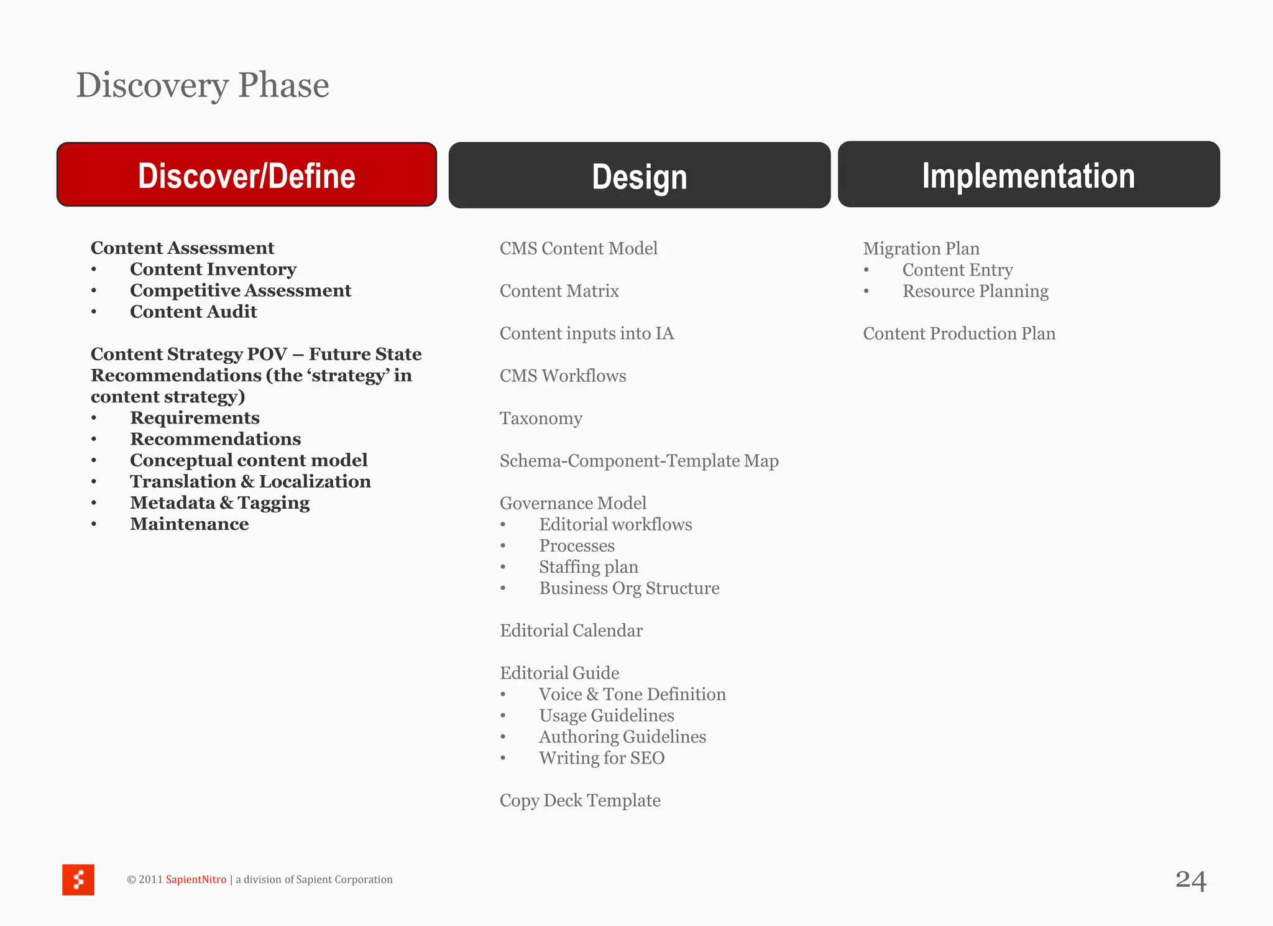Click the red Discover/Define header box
(x=247, y=175)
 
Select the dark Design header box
(x=639, y=175)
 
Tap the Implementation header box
(x=1028, y=175)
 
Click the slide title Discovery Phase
(x=203, y=85)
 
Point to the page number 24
(x=1190, y=880)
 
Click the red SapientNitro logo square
(x=78, y=879)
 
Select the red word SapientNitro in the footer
(x=196, y=879)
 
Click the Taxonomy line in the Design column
(x=541, y=418)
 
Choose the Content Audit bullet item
(x=193, y=312)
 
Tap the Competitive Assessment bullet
(x=240, y=290)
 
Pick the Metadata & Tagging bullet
(x=219, y=502)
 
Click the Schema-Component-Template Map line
(x=639, y=461)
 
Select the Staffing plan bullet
(x=588, y=567)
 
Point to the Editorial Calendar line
(x=571, y=631)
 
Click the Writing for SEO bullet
(x=601, y=757)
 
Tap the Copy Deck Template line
(x=580, y=800)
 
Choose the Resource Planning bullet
(x=975, y=291)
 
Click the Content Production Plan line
(x=959, y=333)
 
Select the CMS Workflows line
(x=563, y=376)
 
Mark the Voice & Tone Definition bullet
(x=632, y=694)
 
